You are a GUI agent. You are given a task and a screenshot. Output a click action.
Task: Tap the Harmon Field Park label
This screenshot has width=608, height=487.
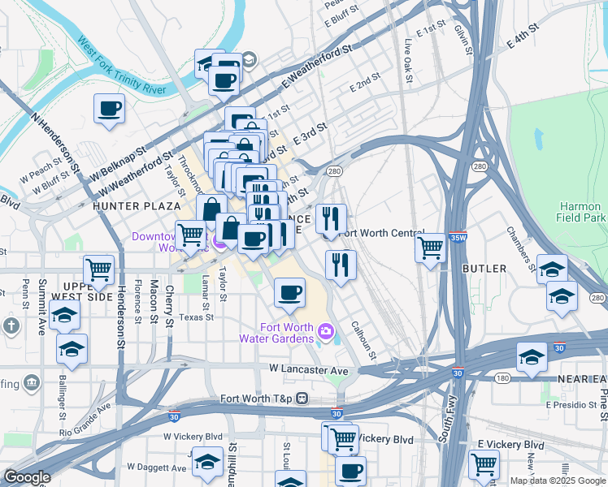581,211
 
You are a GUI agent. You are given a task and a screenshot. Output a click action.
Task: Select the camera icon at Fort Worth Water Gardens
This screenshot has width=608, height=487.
326,330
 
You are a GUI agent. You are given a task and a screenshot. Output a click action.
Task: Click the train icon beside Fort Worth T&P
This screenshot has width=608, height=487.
302,399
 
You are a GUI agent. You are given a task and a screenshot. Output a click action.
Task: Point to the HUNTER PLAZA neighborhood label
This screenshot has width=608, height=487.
131,206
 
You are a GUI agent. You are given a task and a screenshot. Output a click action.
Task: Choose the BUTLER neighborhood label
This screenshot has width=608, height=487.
484,268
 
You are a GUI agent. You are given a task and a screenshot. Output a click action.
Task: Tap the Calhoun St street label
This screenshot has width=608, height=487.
363,340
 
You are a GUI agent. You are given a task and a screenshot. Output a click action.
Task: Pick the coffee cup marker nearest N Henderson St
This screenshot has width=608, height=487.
109,108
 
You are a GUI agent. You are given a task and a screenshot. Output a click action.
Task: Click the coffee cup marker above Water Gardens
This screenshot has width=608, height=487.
289,292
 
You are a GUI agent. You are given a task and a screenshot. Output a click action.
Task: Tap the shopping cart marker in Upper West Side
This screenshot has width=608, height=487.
99,269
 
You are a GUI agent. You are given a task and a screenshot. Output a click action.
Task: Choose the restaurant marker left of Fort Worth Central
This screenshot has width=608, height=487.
330,218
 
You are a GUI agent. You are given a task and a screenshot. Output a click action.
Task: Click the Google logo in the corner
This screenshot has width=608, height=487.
28,477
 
